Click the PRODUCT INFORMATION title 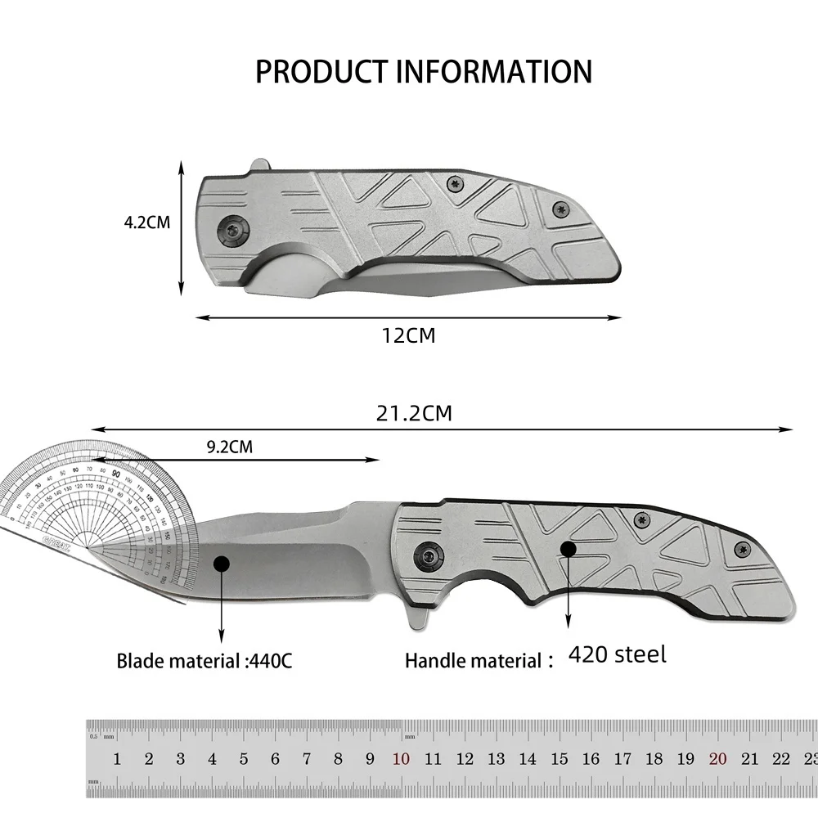click(x=423, y=72)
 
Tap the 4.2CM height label click(x=147, y=222)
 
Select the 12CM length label click(x=409, y=335)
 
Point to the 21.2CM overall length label click(x=414, y=413)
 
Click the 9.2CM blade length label click(x=230, y=447)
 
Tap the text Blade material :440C click(x=204, y=660)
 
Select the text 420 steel click(x=618, y=654)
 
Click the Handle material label click(x=474, y=660)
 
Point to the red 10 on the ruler click(x=401, y=759)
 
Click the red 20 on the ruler click(x=718, y=759)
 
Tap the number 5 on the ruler click(x=244, y=759)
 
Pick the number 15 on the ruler click(x=560, y=759)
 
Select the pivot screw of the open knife click(x=426, y=556)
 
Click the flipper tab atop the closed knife click(x=258, y=166)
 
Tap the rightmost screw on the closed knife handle click(x=560, y=209)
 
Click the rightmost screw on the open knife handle click(x=742, y=548)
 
